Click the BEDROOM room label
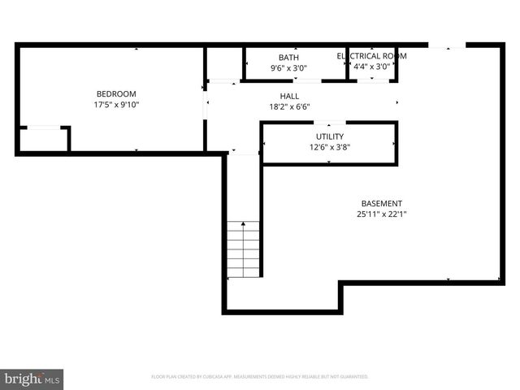(115, 93)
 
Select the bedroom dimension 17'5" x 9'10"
(115, 104)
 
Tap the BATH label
(288, 58)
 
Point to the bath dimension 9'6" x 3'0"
(288, 68)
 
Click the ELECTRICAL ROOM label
(371, 56)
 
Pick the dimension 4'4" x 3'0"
(371, 67)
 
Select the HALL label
(289, 96)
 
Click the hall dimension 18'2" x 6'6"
(289, 106)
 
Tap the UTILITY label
(329, 136)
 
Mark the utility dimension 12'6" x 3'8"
(329, 147)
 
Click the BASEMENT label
(381, 203)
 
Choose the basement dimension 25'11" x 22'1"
(381, 214)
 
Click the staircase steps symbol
(242, 249)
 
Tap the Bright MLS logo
(32, 378)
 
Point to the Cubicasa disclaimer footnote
(260, 377)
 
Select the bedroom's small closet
(43, 139)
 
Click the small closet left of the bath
(224, 63)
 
